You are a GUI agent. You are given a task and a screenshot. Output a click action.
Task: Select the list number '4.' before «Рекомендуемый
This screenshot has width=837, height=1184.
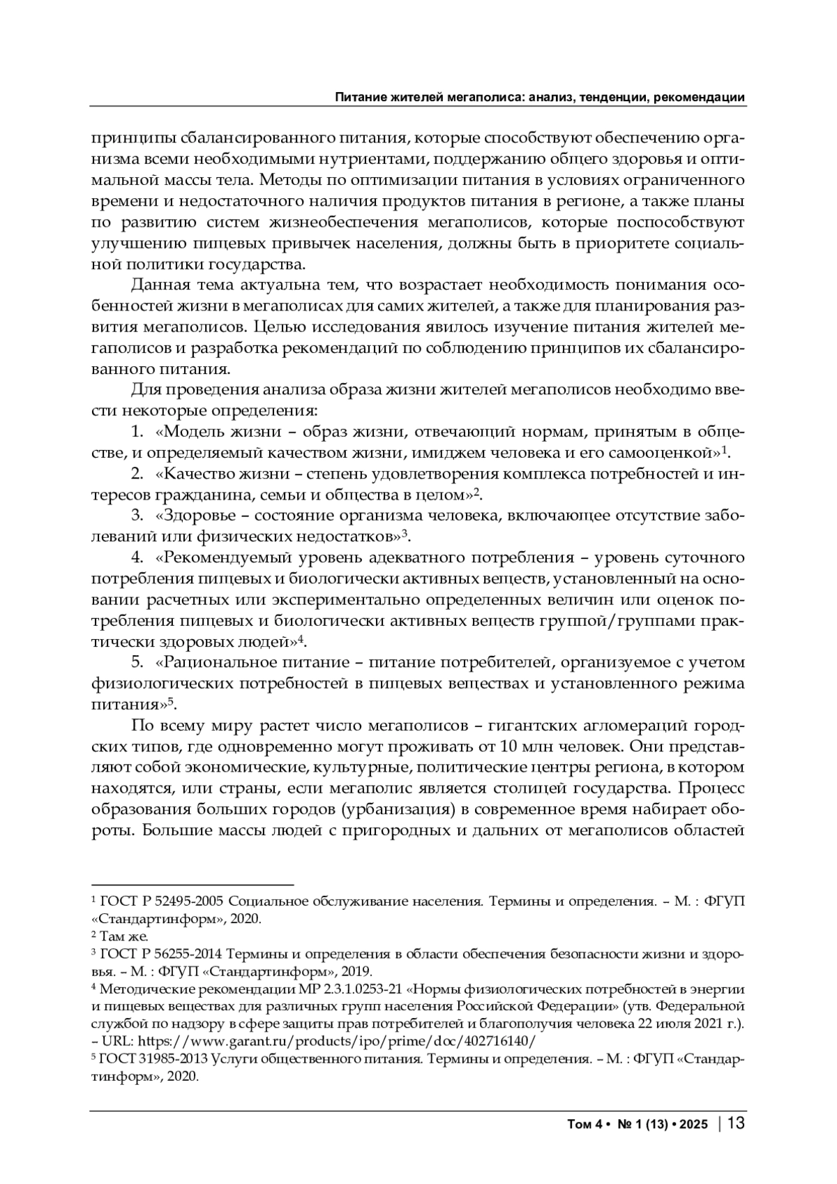click(x=138, y=557)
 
